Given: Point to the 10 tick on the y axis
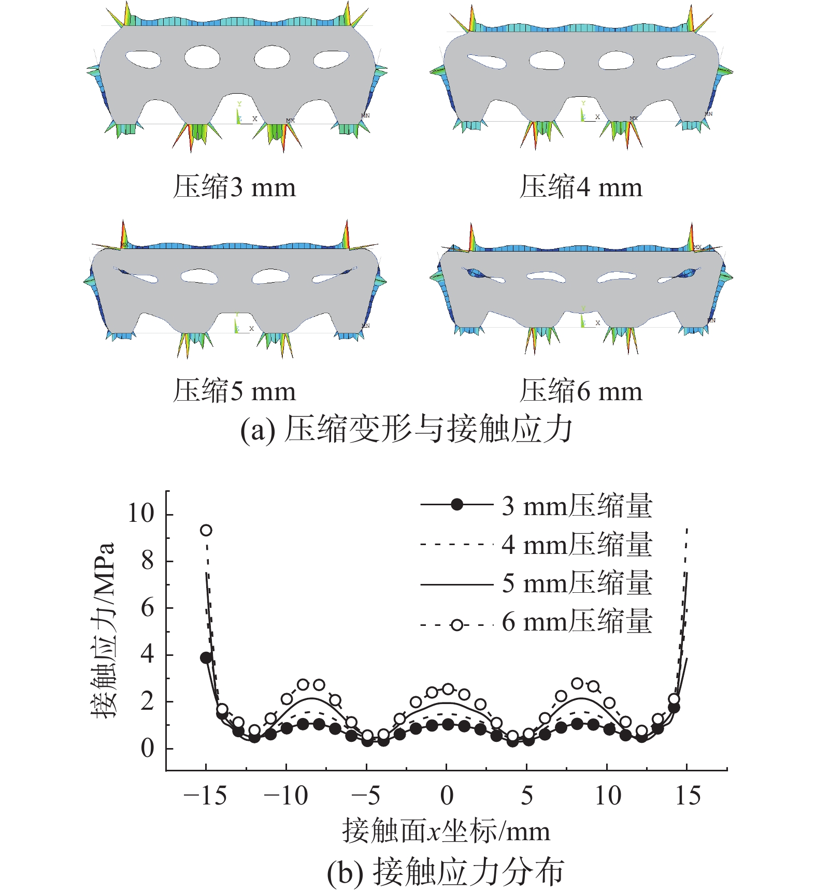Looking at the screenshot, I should (141, 513).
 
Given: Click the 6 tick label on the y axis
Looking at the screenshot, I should (148, 607).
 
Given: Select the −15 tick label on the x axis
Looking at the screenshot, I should (205, 796).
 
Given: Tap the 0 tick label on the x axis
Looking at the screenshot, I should (447, 796).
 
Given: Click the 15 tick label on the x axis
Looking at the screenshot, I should (688, 796).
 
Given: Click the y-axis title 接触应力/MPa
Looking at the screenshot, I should (103, 630).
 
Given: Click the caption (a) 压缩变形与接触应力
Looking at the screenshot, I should (407, 430).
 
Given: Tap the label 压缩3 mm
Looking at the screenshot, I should (234, 187).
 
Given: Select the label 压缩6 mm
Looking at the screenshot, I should (581, 391).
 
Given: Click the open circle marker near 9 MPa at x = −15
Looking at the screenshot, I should (206, 530).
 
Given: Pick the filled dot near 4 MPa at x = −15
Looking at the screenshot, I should (206, 658).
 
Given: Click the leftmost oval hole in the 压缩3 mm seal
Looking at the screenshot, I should (143, 59).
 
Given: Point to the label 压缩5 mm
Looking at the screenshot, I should (234, 391).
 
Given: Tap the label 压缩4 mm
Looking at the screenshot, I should (581, 187).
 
